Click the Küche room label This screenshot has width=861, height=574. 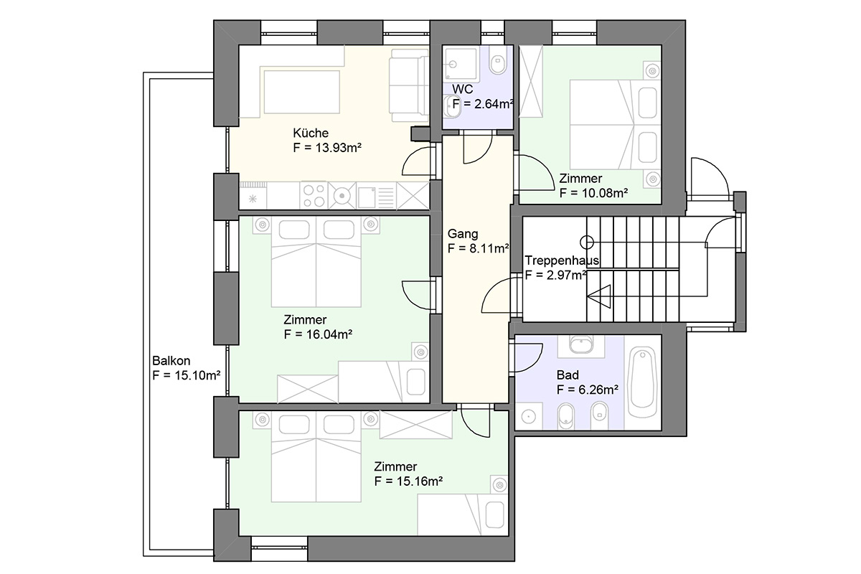311,133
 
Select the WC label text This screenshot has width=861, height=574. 462,89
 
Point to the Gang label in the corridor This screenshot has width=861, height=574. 463,234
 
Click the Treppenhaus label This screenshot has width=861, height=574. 562,260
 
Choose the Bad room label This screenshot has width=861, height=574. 568,375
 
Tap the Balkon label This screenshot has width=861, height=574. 171,361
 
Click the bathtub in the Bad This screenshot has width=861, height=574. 642,382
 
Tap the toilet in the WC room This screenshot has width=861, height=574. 498,61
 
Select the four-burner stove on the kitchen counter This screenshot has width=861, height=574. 314,196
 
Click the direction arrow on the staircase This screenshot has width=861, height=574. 599,296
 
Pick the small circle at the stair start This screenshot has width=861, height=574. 587,243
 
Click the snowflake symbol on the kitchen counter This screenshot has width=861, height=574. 253,199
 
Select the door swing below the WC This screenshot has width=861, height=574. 478,149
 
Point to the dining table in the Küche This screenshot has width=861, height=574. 302,92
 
